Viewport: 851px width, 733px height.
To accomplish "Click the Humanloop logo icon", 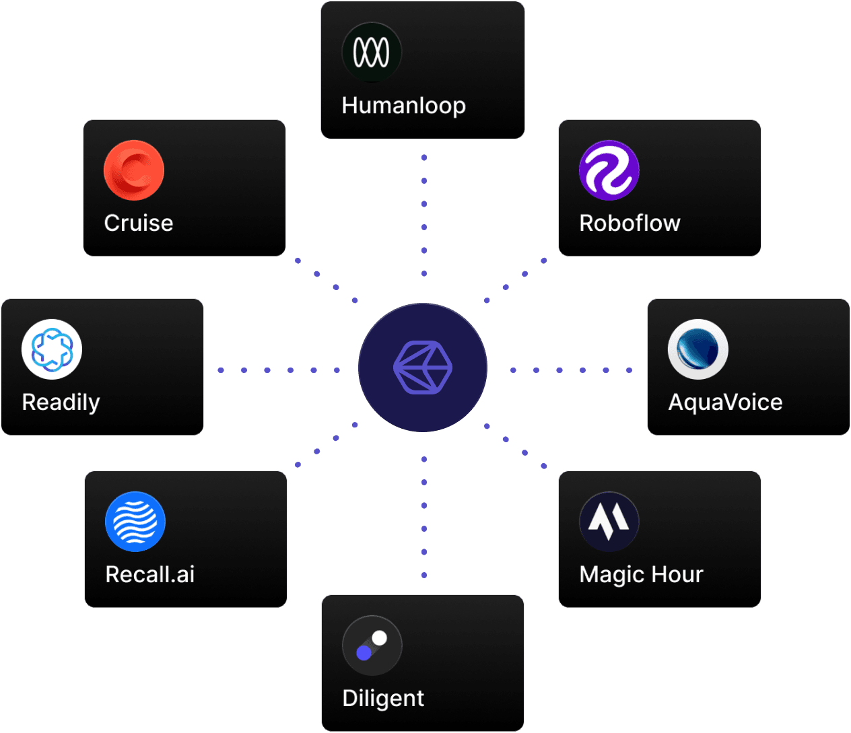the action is point(372,52).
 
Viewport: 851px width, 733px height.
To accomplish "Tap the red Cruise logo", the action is point(134,170).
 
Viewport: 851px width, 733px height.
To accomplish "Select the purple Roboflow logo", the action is point(609,170).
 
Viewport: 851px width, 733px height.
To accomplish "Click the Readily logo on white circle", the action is point(52,349).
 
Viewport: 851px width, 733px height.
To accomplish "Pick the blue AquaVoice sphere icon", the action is point(698,349).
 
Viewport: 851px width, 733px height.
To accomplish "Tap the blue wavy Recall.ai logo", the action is point(135,522).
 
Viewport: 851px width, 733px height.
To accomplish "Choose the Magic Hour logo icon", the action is point(609,522).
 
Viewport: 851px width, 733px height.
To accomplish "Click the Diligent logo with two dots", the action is point(372,645).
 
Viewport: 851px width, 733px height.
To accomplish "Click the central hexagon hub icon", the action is point(423,368).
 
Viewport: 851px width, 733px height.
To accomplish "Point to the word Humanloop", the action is point(403,106).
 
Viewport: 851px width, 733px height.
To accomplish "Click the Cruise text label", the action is point(138,223).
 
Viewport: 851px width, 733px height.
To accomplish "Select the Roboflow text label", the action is point(629,223).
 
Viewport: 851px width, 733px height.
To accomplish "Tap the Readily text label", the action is point(61,402).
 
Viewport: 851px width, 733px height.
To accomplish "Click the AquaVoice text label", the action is point(725,402).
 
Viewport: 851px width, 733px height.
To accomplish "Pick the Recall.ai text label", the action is point(149,574).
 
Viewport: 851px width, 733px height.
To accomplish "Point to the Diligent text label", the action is point(382,698).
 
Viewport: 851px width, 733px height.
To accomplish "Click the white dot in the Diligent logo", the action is point(380,638).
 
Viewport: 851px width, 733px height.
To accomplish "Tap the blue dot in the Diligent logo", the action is point(364,653).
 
